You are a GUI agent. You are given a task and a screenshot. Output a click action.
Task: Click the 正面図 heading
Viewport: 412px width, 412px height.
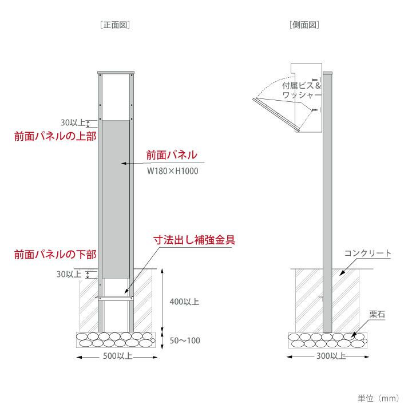pos(116,25)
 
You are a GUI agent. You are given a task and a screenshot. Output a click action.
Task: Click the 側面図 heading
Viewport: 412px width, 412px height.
pos(304,25)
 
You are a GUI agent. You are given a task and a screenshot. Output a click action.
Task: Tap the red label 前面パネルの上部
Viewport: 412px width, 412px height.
pos(55,136)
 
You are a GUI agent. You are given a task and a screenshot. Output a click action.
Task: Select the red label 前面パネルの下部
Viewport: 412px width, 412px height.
pos(55,254)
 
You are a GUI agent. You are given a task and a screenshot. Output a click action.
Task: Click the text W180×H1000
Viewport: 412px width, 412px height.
pos(173,171)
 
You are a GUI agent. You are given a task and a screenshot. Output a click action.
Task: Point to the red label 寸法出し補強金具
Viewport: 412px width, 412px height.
pos(194,239)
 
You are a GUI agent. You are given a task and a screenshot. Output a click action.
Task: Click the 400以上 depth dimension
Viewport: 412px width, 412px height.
pos(185,302)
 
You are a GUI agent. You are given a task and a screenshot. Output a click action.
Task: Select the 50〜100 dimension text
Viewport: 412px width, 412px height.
pos(185,340)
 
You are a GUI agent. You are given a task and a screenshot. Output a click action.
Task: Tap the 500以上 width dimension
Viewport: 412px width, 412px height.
pos(118,356)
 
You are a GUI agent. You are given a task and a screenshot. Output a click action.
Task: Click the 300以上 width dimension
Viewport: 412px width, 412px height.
pos(330,356)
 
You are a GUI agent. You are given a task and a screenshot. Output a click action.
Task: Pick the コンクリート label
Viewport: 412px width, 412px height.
pos(368,253)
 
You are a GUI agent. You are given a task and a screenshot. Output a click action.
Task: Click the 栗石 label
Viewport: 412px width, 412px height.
pos(376,314)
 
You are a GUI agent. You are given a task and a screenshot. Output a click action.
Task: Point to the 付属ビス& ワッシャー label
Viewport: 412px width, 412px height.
pos(302,90)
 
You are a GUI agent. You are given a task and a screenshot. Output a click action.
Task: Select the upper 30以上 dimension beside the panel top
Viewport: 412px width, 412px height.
pos(73,122)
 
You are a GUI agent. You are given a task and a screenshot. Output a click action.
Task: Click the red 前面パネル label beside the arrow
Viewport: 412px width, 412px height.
pos(172,154)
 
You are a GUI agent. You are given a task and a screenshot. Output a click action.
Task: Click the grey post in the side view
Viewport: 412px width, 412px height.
pos(327,217)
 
